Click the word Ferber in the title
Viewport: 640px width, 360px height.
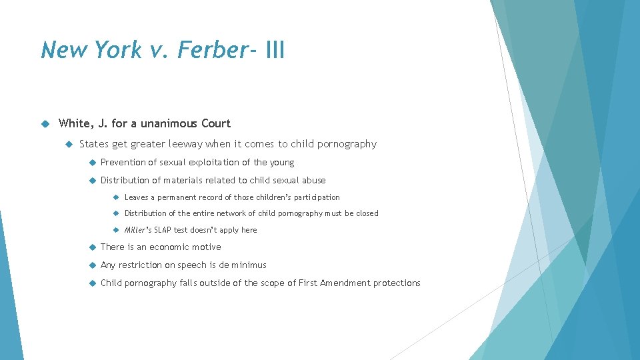[x=213, y=50]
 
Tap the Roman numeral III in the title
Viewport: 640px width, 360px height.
[x=275, y=50]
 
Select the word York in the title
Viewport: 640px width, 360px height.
[x=113, y=50]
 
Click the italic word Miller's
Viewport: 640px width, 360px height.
[x=138, y=230]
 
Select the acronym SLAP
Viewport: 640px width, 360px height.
[x=163, y=230]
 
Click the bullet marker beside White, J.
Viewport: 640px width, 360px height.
[x=46, y=123]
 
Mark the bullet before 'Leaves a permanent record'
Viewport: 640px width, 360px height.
[x=116, y=197]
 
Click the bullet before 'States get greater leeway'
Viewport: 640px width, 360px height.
[x=69, y=144]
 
